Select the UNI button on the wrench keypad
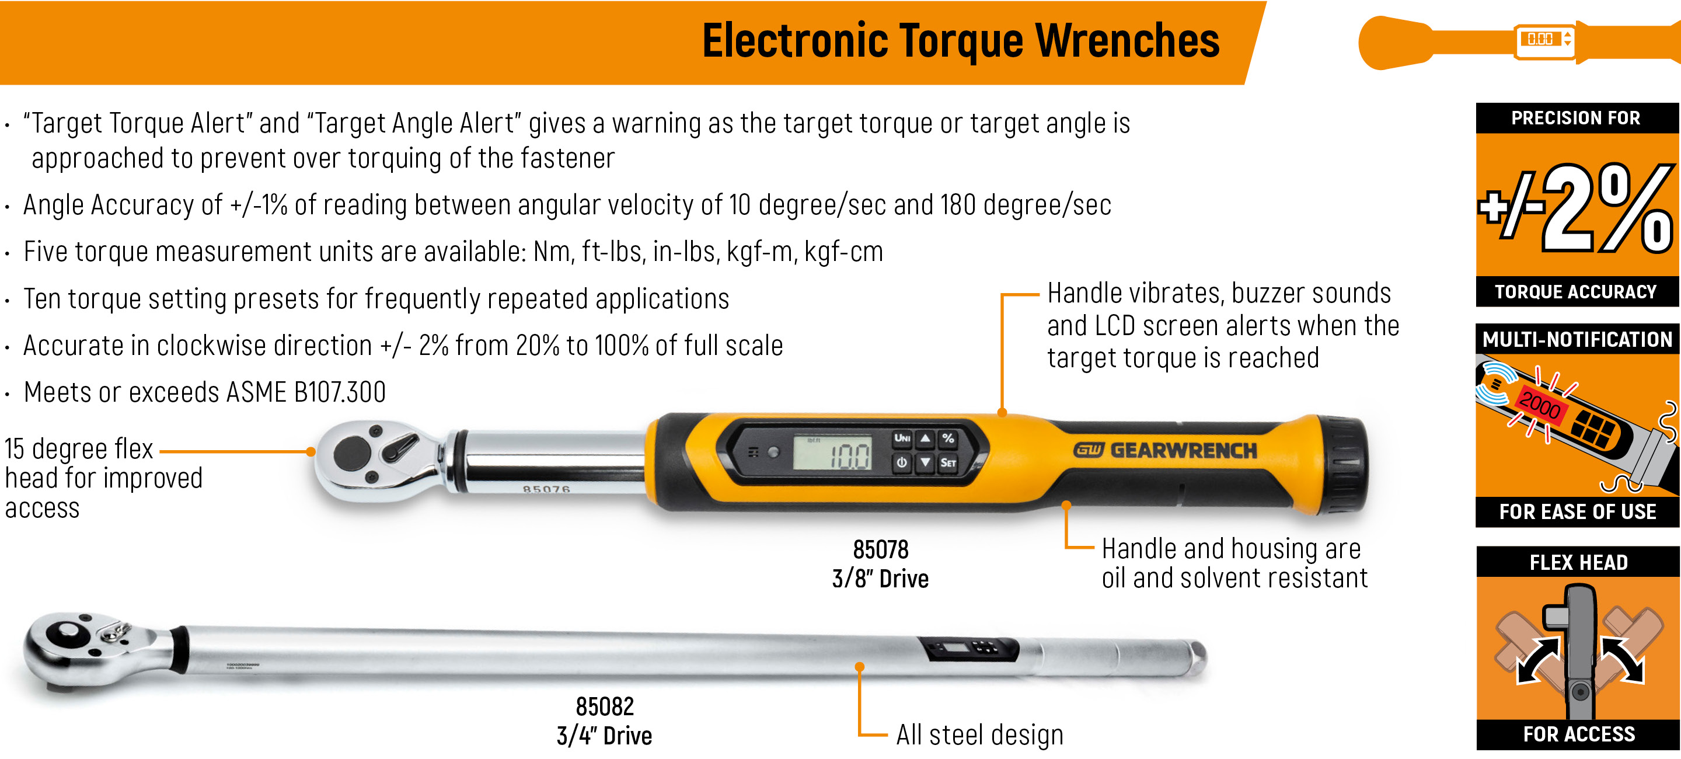click(902, 438)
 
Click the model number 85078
click(880, 550)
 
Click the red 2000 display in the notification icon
click(1540, 405)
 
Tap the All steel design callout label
click(979, 736)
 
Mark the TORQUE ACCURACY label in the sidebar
click(1575, 292)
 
